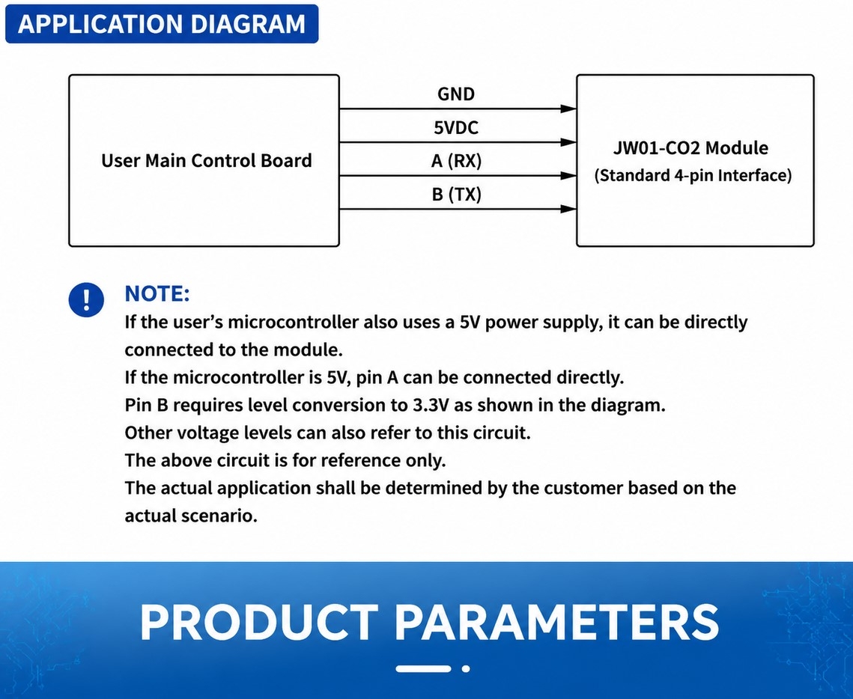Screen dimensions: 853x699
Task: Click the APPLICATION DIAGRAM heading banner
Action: tap(162, 24)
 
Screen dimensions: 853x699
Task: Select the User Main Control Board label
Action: tap(207, 160)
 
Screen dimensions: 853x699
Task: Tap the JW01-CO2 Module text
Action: tap(690, 148)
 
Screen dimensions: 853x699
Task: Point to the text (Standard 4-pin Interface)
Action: tap(693, 176)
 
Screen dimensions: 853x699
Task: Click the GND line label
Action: tap(456, 94)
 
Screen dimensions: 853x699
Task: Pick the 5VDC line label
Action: tap(456, 128)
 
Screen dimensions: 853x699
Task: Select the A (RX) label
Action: tap(456, 161)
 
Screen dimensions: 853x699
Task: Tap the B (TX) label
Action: tap(456, 194)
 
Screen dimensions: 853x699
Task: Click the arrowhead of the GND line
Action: tap(568, 109)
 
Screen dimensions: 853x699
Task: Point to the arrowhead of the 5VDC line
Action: tap(568, 142)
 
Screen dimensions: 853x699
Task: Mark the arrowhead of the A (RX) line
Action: tap(568, 176)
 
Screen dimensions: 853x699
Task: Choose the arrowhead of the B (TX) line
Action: tap(568, 209)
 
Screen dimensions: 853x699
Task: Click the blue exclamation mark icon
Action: tap(86, 299)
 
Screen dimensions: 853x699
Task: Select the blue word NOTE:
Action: tap(157, 293)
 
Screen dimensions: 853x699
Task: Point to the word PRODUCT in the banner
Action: tap(259, 623)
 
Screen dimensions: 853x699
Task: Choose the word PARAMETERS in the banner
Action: tap(556, 623)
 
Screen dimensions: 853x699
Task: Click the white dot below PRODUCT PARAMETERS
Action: tap(466, 668)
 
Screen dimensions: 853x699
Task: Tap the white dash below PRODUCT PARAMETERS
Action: tap(423, 668)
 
